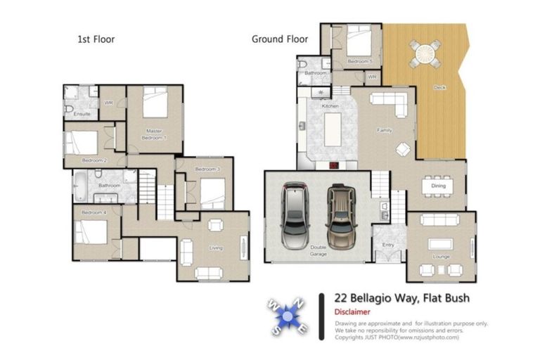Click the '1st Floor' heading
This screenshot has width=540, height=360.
tap(96, 39)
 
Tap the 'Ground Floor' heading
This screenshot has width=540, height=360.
tap(280, 39)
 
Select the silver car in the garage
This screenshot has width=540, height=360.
tap(295, 215)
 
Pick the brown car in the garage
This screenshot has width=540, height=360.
tap(342, 214)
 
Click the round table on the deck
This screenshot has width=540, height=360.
tap(426, 53)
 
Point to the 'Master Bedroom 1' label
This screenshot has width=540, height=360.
tap(155, 134)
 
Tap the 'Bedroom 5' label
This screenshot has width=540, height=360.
tap(361, 62)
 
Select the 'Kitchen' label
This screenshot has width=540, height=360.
tap(330, 106)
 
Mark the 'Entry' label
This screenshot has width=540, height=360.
tap(388, 245)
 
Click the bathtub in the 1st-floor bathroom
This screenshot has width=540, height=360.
tap(80, 187)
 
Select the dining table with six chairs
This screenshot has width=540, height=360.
tap(433, 186)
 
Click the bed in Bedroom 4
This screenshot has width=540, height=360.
tap(91, 230)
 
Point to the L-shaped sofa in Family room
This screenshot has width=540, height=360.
tap(391, 103)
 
